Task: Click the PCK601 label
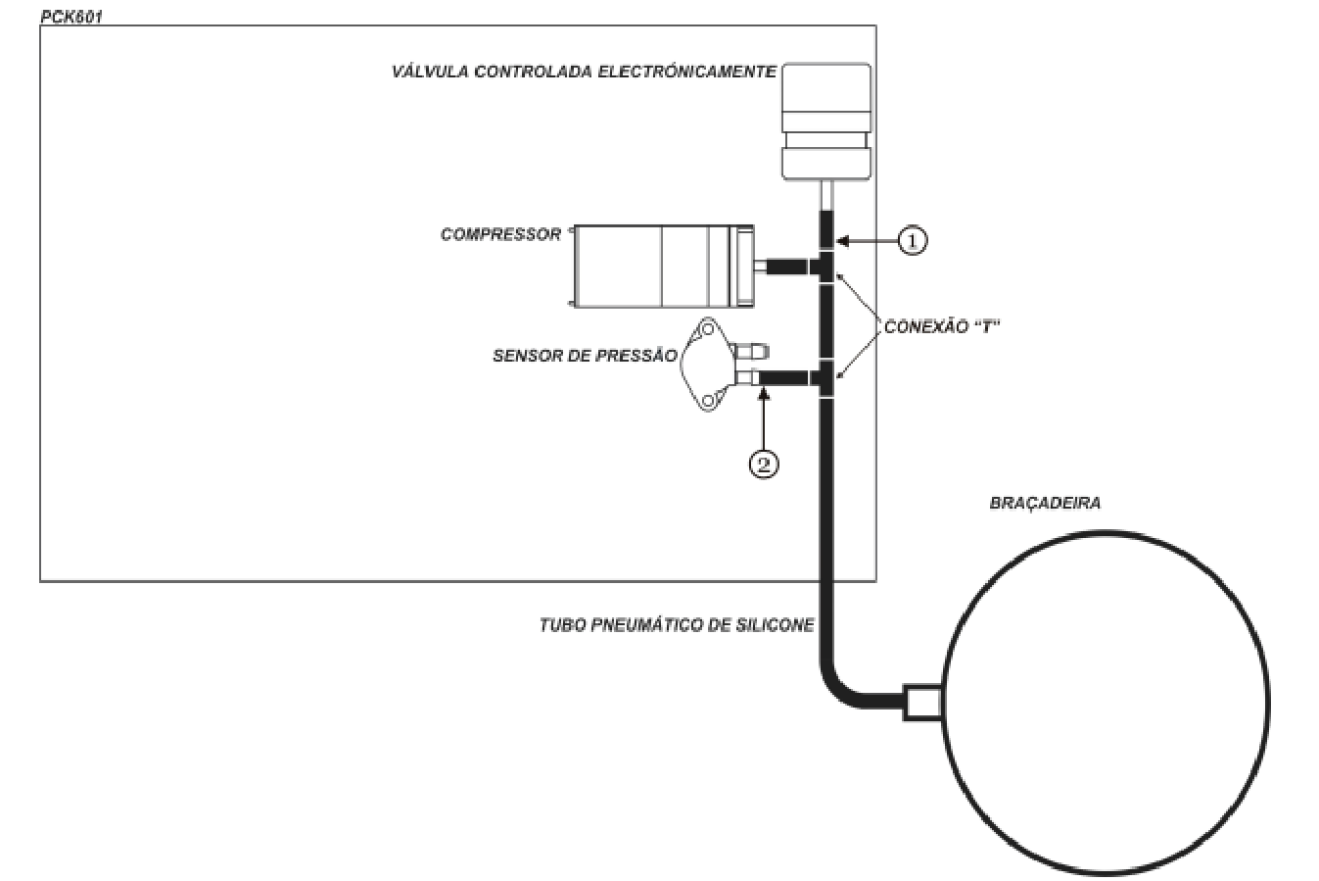coord(71,17)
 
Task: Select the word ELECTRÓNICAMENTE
coord(687,72)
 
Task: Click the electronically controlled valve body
coord(826,122)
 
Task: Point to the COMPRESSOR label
coord(500,234)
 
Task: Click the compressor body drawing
coord(663,267)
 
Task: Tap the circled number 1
coord(912,240)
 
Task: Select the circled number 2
coord(764,464)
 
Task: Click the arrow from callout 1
coord(867,240)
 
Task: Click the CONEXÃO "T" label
coord(942,327)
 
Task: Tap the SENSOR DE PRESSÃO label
coord(585,356)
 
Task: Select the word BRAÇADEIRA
coord(1045,503)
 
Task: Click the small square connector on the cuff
coord(922,702)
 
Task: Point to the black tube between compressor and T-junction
coord(786,267)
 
